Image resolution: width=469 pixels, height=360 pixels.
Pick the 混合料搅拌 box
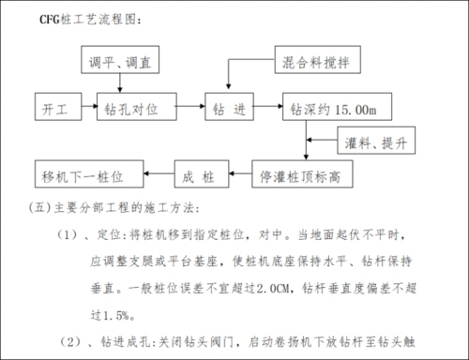coord(318,62)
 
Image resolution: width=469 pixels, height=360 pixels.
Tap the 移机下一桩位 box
coord(90,174)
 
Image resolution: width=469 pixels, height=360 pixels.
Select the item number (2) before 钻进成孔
coord(68,340)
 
